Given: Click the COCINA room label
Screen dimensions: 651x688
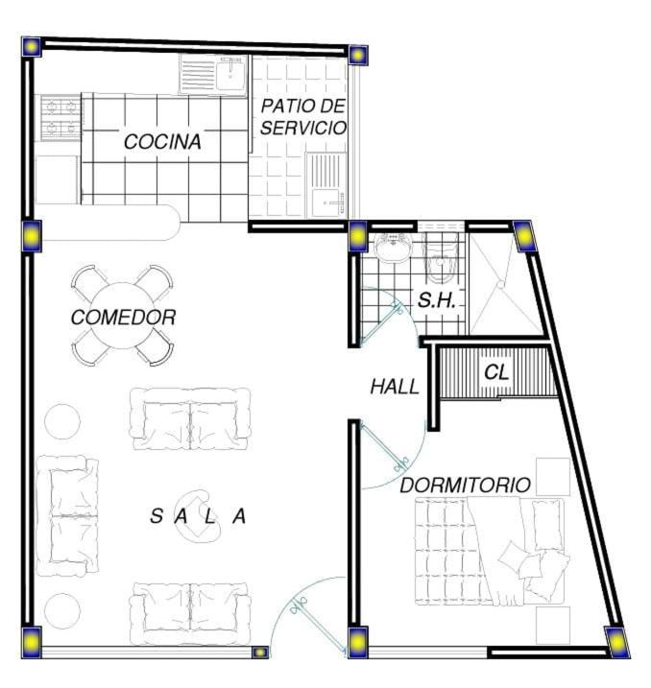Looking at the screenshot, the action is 162,142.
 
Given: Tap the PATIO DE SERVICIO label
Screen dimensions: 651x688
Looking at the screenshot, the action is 303,117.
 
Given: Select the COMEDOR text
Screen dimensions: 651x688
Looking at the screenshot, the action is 123,318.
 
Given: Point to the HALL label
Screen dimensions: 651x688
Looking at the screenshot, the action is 395,387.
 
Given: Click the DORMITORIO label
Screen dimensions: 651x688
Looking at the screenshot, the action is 466,486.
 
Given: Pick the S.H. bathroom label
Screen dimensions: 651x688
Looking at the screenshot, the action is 437,300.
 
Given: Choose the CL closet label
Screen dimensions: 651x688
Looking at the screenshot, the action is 496,372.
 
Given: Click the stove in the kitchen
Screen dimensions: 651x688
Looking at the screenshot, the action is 61,117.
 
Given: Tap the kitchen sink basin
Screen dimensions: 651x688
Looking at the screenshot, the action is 230,74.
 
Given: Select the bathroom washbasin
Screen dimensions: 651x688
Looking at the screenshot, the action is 394,247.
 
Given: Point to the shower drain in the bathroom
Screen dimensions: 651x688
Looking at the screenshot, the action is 500,285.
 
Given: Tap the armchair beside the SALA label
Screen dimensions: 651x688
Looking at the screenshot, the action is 198,516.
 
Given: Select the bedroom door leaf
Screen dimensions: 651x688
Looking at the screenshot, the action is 383,446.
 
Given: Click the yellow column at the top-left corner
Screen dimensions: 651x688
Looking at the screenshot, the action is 32,46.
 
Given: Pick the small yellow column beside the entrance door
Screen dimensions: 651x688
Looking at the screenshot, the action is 260,652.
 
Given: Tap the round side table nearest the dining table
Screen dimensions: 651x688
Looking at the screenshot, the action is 62,421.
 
